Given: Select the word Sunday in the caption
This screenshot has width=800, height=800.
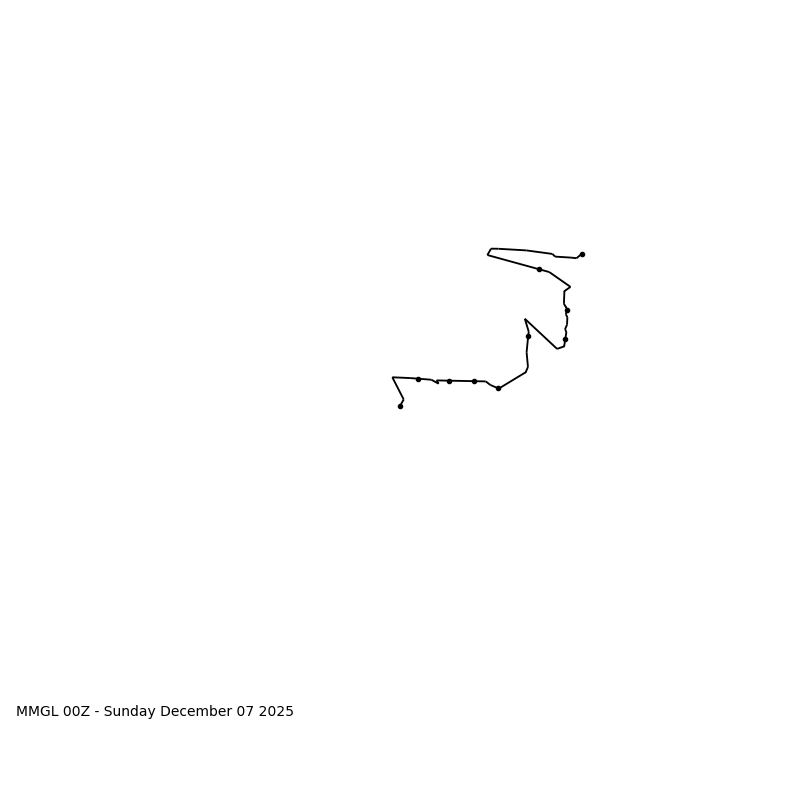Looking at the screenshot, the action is [131, 712].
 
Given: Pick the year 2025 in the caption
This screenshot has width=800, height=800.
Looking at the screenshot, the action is [277, 712].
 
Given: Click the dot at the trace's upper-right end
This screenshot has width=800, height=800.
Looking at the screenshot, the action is [582, 254].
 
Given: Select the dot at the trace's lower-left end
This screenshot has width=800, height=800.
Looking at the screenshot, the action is [400, 406].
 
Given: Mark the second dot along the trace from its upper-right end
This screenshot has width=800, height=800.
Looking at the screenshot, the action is [539, 269].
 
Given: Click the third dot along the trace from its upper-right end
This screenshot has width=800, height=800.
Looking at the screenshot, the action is [567, 310].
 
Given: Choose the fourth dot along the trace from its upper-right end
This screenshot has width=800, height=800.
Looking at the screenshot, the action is [565, 339].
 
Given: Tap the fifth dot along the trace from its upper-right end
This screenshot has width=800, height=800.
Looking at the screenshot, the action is [528, 336].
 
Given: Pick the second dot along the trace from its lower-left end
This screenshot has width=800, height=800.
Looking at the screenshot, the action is [418, 379].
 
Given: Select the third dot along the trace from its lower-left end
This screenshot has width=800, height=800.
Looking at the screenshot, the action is [449, 381].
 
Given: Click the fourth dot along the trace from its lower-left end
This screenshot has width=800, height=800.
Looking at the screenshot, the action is [474, 381].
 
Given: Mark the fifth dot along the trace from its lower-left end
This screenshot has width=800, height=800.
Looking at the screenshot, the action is [498, 388].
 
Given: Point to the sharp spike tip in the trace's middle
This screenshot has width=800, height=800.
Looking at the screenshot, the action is [525, 320].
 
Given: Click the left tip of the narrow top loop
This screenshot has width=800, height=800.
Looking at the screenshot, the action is [488, 254].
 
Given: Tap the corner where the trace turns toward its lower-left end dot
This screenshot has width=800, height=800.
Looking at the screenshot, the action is [393, 378].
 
